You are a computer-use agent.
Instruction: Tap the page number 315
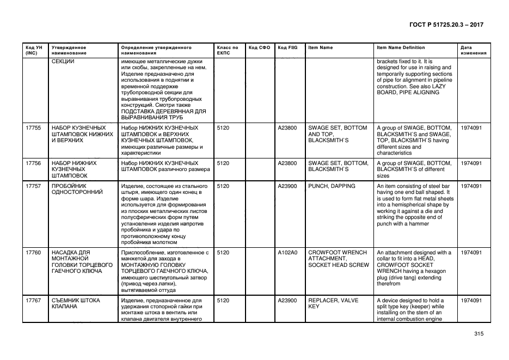pyautogui.click(x=479, y=334)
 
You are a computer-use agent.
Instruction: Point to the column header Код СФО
pyautogui.click(x=259, y=47)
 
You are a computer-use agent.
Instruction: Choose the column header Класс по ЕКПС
pyautogui.click(x=228, y=50)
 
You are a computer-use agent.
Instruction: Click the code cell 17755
pyautogui.click(x=34, y=128)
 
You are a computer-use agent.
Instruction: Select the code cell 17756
pyautogui.click(x=34, y=163)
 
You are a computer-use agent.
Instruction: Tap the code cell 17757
pyautogui.click(x=34, y=186)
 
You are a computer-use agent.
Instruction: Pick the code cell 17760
pyautogui.click(x=34, y=253)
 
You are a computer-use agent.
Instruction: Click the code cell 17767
pyautogui.click(x=34, y=301)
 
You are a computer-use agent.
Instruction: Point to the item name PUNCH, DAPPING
pyautogui.click(x=331, y=186)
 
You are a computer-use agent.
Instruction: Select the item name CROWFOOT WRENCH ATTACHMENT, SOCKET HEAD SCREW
pyautogui.click(x=338, y=259)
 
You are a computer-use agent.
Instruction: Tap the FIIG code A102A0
pyautogui.click(x=287, y=253)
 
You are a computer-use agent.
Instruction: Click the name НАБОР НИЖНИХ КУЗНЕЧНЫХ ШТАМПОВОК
pyautogui.click(x=74, y=169)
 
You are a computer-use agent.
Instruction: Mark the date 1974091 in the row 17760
pyautogui.click(x=471, y=253)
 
